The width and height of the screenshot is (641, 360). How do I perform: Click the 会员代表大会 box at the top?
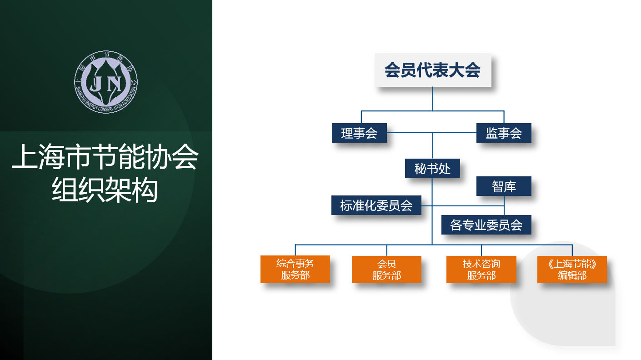point(433,70)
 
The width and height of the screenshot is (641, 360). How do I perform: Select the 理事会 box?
point(359,133)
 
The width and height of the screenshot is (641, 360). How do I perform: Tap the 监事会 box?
point(504,133)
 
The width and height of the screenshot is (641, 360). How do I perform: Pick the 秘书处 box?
point(432,168)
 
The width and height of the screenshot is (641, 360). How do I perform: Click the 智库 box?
point(504,186)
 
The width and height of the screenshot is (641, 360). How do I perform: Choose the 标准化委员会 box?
point(376,205)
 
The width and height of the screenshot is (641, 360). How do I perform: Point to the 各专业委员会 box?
point(486,225)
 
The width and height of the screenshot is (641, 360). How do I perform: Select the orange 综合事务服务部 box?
point(295,269)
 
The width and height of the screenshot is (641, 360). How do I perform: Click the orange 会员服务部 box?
point(386,270)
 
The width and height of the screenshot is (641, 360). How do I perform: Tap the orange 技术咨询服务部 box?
point(481,270)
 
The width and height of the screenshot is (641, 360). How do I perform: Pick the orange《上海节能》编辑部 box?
point(572,270)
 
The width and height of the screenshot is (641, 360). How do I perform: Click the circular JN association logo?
point(106,82)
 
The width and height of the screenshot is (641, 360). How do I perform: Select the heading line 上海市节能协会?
point(105,156)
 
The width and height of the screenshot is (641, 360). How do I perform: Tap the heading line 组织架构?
point(105,190)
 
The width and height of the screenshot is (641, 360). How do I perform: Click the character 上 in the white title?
point(25,156)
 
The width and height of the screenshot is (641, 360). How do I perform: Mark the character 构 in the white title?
point(145,190)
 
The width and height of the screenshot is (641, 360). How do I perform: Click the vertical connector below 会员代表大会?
point(432,99)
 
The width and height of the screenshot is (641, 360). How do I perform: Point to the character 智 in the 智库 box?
point(498,186)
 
